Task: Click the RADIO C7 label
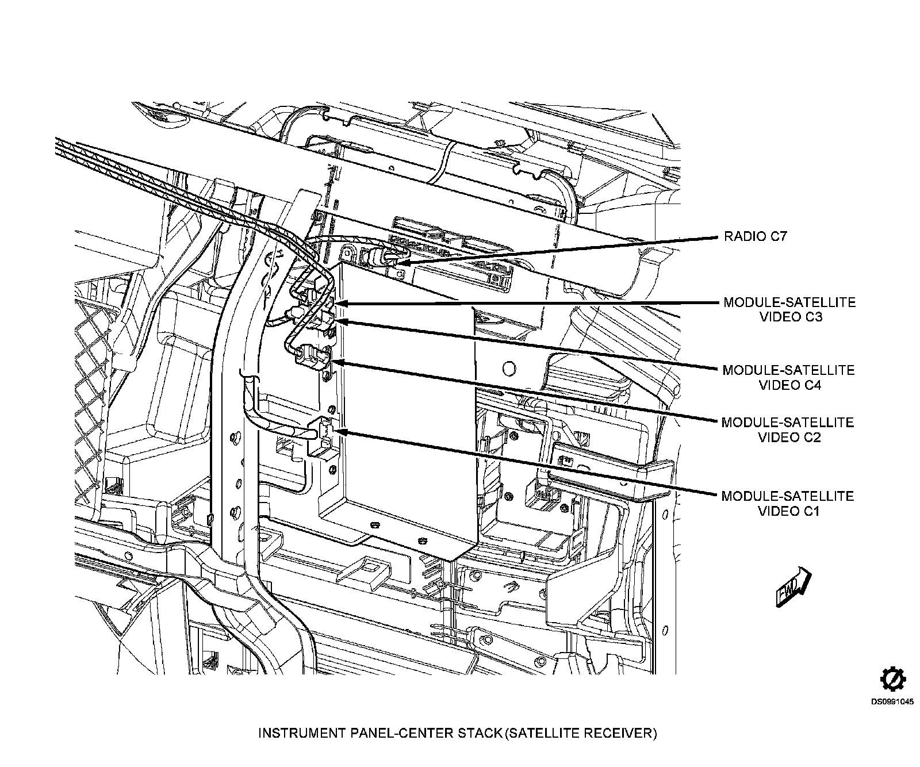tap(754, 236)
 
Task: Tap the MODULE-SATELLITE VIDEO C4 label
tap(789, 377)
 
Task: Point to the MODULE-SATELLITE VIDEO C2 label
tap(788, 429)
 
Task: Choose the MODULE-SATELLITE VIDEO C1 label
tap(788, 503)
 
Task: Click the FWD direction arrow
tap(793, 588)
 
